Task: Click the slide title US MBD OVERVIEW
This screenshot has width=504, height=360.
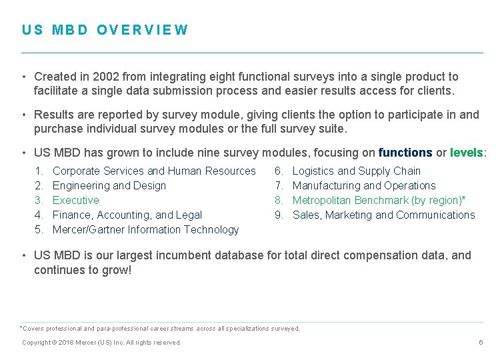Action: click(105, 30)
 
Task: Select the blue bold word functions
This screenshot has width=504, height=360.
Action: click(405, 153)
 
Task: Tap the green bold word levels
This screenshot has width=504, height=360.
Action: click(467, 153)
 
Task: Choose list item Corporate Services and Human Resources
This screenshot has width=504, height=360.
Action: click(154, 171)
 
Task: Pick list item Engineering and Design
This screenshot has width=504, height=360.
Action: click(109, 185)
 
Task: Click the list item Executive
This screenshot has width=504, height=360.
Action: click(75, 200)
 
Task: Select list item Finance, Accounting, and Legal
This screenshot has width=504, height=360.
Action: click(127, 215)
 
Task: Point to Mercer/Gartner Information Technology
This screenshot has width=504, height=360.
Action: click(145, 229)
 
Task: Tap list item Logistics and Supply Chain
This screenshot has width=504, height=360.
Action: click(357, 171)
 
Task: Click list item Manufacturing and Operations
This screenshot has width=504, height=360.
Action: click(364, 185)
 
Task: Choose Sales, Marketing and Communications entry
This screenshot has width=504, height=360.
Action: click(384, 215)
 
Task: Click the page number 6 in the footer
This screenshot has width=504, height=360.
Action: click(480, 342)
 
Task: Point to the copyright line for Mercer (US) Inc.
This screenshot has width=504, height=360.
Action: click(101, 342)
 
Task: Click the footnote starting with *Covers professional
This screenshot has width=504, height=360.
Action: click(160, 328)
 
